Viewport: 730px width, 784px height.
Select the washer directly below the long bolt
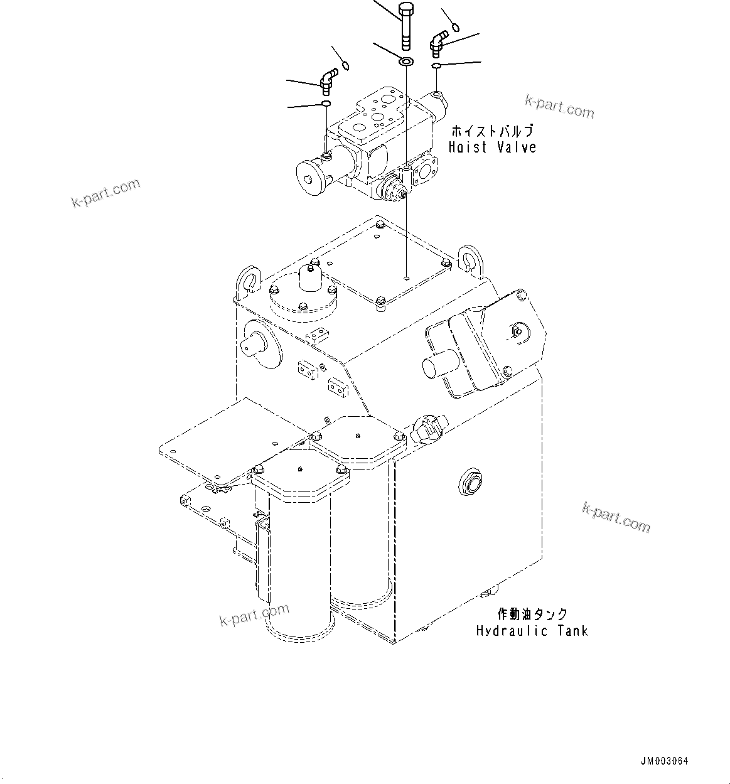405,62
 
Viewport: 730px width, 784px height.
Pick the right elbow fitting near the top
437,44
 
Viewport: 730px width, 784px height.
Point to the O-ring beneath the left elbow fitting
326,104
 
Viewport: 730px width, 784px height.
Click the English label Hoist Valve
492,148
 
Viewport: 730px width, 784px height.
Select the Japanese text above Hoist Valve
492,131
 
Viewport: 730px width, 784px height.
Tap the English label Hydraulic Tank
532,631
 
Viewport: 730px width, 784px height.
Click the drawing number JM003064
664,761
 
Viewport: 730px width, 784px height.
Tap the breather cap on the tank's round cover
309,277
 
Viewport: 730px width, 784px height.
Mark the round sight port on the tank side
471,482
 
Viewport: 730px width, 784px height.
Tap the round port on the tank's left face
257,341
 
